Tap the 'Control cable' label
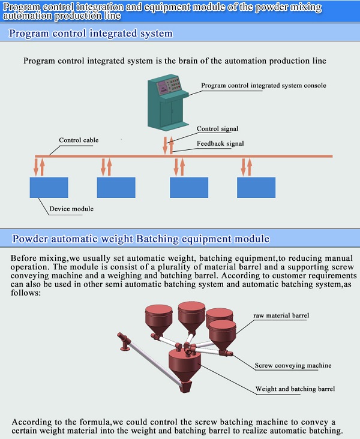click(79, 140)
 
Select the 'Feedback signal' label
click(220, 144)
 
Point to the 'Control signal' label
click(217, 129)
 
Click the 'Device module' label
click(71, 209)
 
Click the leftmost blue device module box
click(49, 188)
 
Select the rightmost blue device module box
click(256, 188)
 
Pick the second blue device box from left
click(116, 188)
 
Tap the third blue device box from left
click(189, 188)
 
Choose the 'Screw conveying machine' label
click(293, 365)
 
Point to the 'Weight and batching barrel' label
click(295, 389)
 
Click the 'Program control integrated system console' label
click(263, 86)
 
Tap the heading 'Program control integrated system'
click(91, 34)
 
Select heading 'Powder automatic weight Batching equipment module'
click(141, 239)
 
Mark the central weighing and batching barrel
click(185, 365)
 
